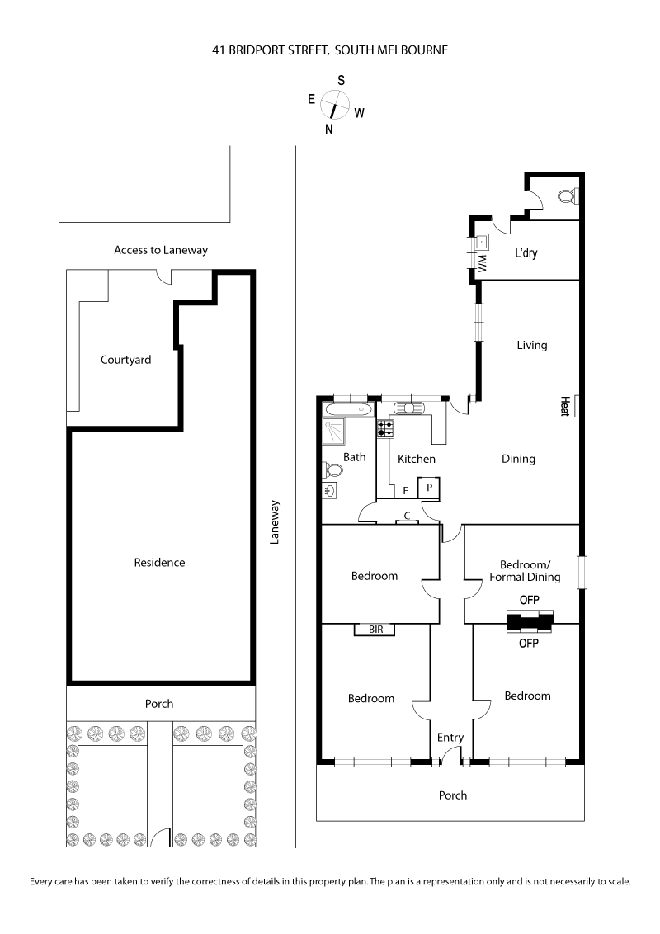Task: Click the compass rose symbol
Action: pos(335,105)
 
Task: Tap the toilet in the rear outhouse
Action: pos(568,196)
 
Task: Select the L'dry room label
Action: pos(526,253)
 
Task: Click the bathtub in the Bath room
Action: pos(348,409)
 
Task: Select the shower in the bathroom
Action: pos(336,430)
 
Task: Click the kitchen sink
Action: pos(409,407)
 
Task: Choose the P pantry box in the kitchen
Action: pos(430,488)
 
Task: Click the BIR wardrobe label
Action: pos(375,630)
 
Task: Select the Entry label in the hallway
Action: pos(450,738)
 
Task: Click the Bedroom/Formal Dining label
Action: pos(525,570)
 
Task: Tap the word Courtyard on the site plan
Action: pos(125,360)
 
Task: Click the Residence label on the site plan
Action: pos(159,563)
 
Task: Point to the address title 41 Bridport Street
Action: pos(330,50)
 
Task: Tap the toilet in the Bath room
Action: pos(333,469)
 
